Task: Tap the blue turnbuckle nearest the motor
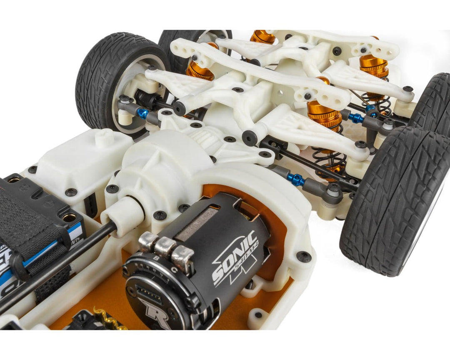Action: tap(296, 180)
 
